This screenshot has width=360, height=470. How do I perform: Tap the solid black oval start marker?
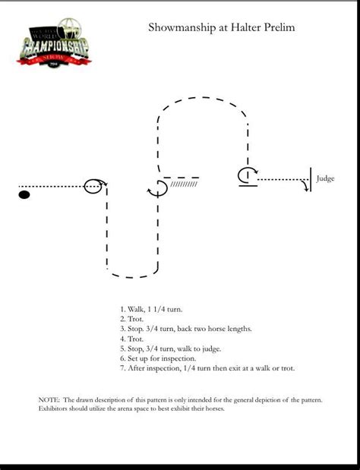pos(24,195)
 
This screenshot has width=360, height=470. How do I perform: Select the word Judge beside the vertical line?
pos(325,179)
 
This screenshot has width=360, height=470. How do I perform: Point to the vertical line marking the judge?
pos(310,179)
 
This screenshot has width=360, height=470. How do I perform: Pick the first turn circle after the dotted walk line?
pos(93,185)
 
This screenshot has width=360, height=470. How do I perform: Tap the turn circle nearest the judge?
pos(245,176)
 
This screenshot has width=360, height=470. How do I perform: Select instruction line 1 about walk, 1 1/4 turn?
pos(150,309)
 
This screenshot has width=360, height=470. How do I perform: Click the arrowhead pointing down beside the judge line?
pos(306,188)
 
